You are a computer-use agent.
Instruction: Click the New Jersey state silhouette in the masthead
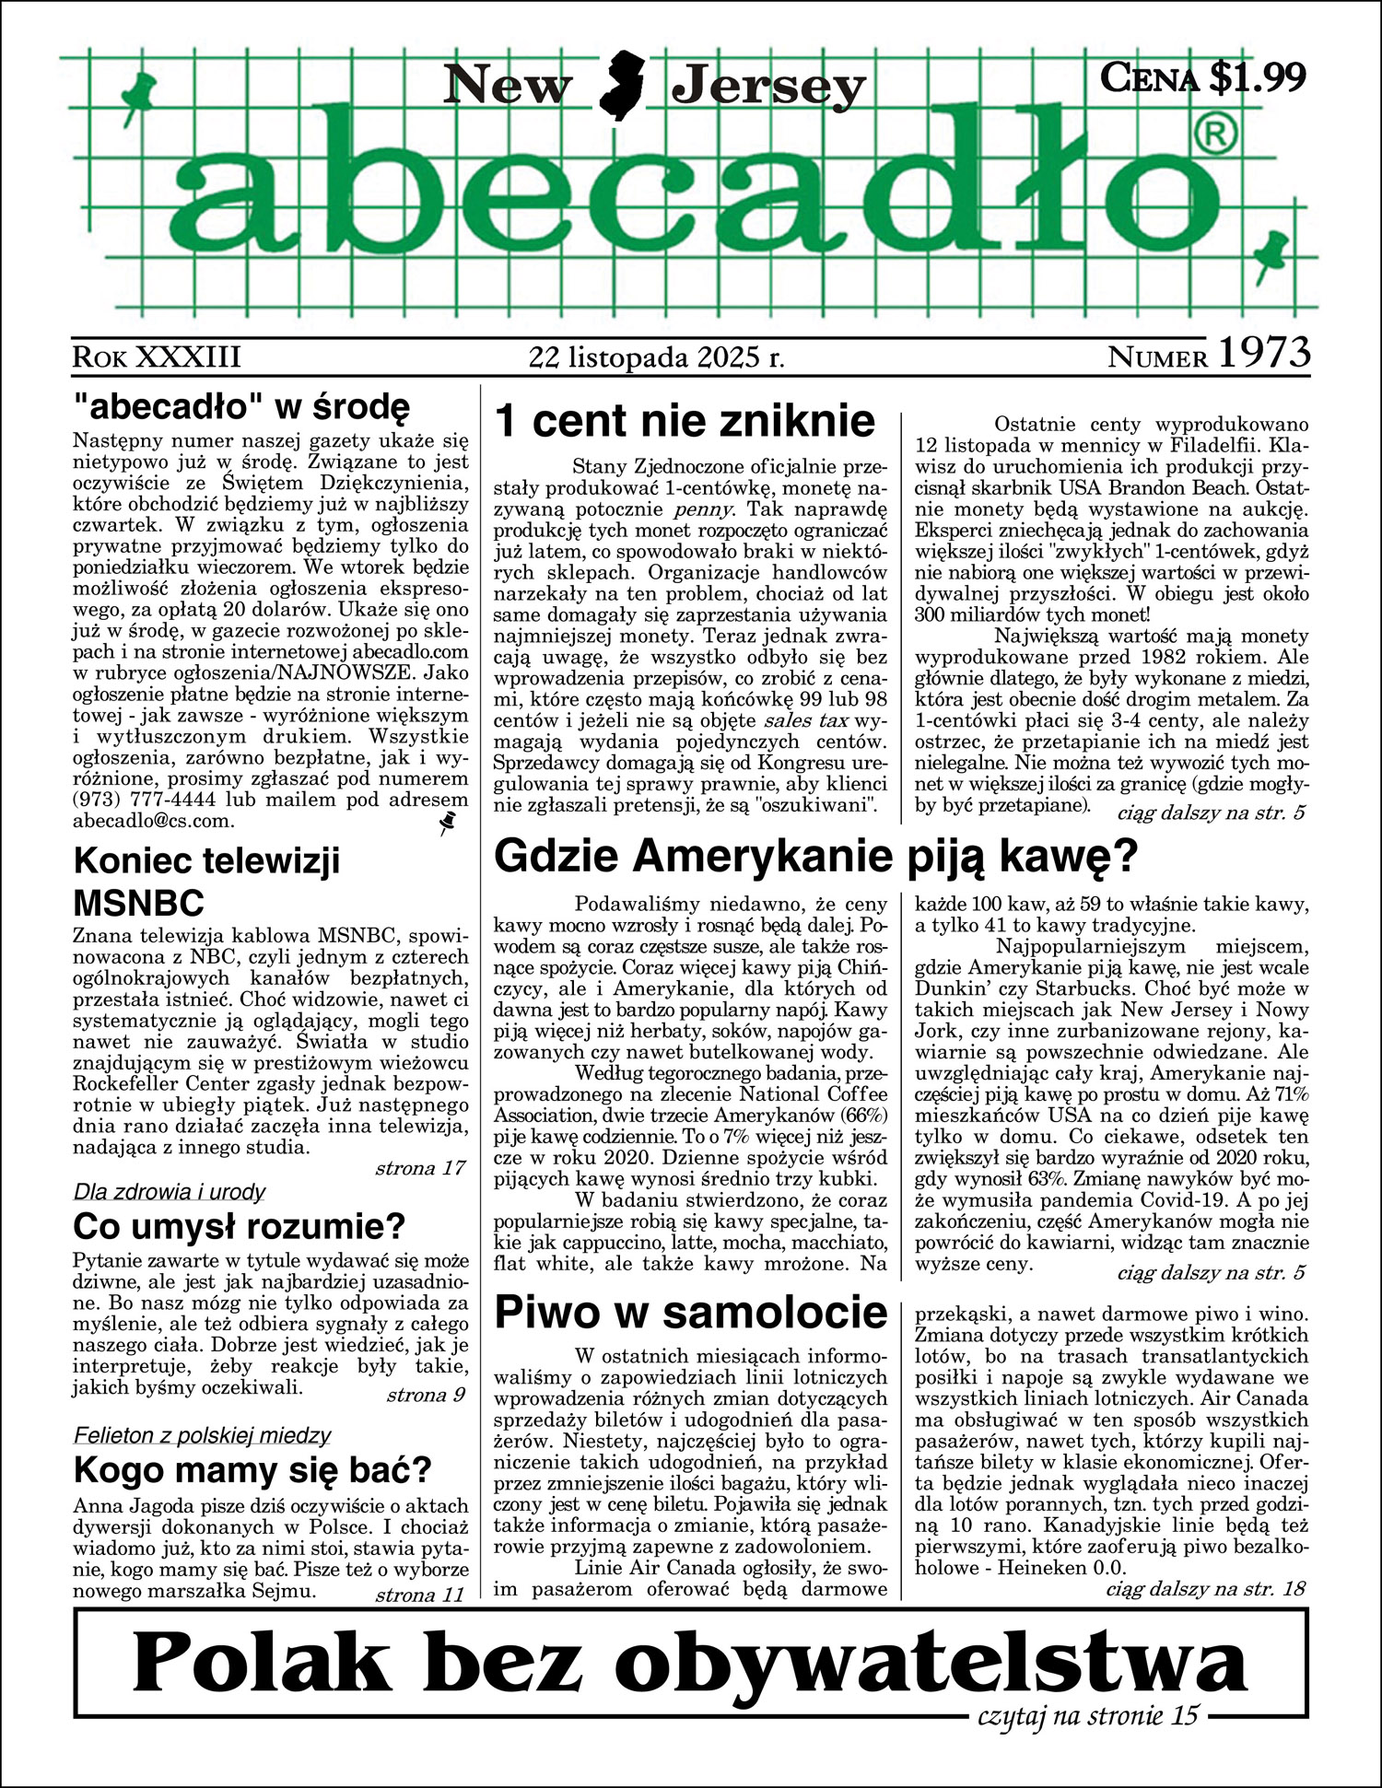pyautogui.click(x=622, y=86)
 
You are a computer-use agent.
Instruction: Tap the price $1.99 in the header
pyautogui.click(x=1257, y=77)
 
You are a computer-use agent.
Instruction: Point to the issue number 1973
pyautogui.click(x=1264, y=353)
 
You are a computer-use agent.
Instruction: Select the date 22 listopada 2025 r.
pyautogui.click(x=656, y=356)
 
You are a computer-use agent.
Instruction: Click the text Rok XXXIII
pyautogui.click(x=156, y=356)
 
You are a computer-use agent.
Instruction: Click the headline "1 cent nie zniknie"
pyautogui.click(x=685, y=421)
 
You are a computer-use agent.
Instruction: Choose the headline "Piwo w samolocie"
pyautogui.click(x=691, y=1312)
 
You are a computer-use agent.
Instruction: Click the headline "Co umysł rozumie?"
pyautogui.click(x=239, y=1227)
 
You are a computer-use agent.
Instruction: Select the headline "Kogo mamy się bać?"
pyautogui.click(x=252, y=1469)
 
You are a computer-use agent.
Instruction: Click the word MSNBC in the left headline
pyautogui.click(x=138, y=902)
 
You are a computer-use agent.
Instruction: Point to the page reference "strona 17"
pyautogui.click(x=419, y=1168)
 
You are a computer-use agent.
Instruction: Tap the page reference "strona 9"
pyautogui.click(x=426, y=1395)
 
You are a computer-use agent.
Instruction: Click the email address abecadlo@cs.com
pyautogui.click(x=153, y=821)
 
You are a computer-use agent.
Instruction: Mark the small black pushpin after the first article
pyautogui.click(x=449, y=823)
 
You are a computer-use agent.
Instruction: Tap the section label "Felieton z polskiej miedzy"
pyautogui.click(x=202, y=1434)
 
